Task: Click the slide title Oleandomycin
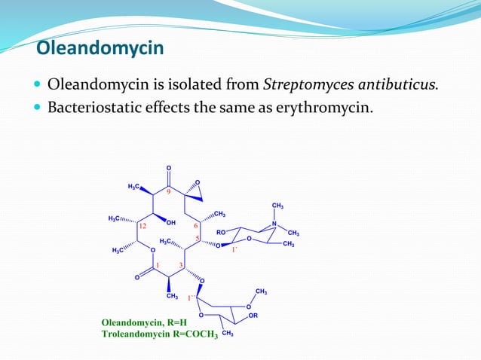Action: (100, 50)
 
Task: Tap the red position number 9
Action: (170, 192)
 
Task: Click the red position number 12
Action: (141, 225)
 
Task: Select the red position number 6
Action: (196, 225)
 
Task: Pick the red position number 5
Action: (197, 239)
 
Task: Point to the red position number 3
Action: (182, 264)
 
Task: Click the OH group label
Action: (171, 223)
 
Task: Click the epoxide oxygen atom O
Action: (198, 182)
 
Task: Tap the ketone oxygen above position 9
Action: (169, 167)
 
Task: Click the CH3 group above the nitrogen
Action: (277, 206)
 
